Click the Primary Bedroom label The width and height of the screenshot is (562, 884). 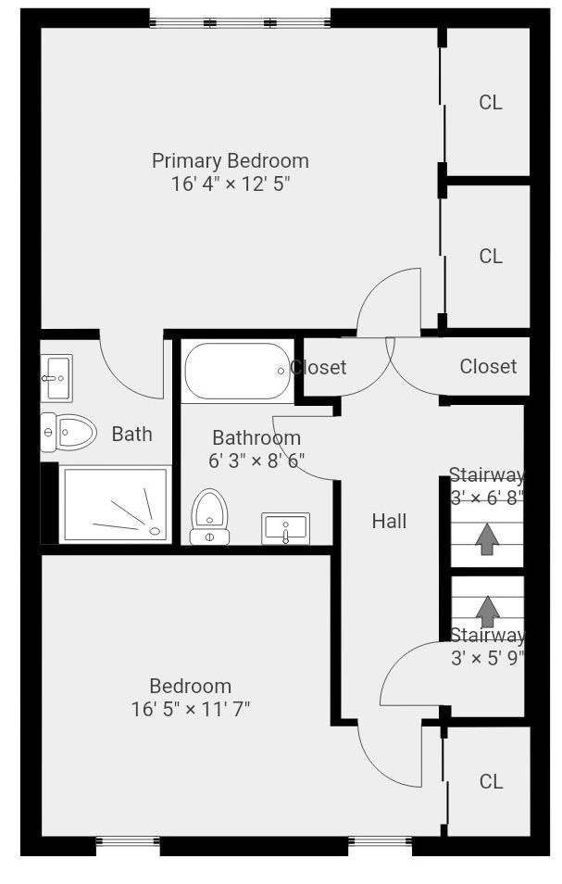pos(231,160)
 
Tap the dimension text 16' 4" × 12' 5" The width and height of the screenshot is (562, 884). pos(231,183)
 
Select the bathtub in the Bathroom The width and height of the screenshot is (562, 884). pos(237,371)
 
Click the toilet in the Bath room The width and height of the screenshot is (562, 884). pos(69,433)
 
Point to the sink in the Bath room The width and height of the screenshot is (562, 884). pos(56,378)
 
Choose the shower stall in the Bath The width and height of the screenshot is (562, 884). pos(116,504)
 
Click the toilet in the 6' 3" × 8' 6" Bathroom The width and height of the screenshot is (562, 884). pos(209,517)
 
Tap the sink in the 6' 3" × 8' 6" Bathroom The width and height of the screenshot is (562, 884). pos(285,529)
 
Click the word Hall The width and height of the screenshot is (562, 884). pos(389,521)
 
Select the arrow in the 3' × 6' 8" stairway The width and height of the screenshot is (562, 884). pos(487,539)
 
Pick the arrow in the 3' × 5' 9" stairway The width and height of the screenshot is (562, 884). pos(487,612)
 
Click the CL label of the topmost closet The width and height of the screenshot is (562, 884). pos(491,103)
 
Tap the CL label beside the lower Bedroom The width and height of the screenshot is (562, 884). pos(491,781)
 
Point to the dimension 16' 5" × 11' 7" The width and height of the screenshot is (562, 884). pos(191,709)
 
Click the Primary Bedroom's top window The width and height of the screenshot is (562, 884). pos(240,23)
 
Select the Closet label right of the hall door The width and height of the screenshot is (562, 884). pos(488,366)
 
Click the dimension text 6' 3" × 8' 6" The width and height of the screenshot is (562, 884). pos(256,461)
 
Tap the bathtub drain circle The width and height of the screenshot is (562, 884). pos(281,371)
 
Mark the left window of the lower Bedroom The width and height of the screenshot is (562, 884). pos(128,841)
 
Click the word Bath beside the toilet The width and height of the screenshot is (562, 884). pos(131,434)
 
